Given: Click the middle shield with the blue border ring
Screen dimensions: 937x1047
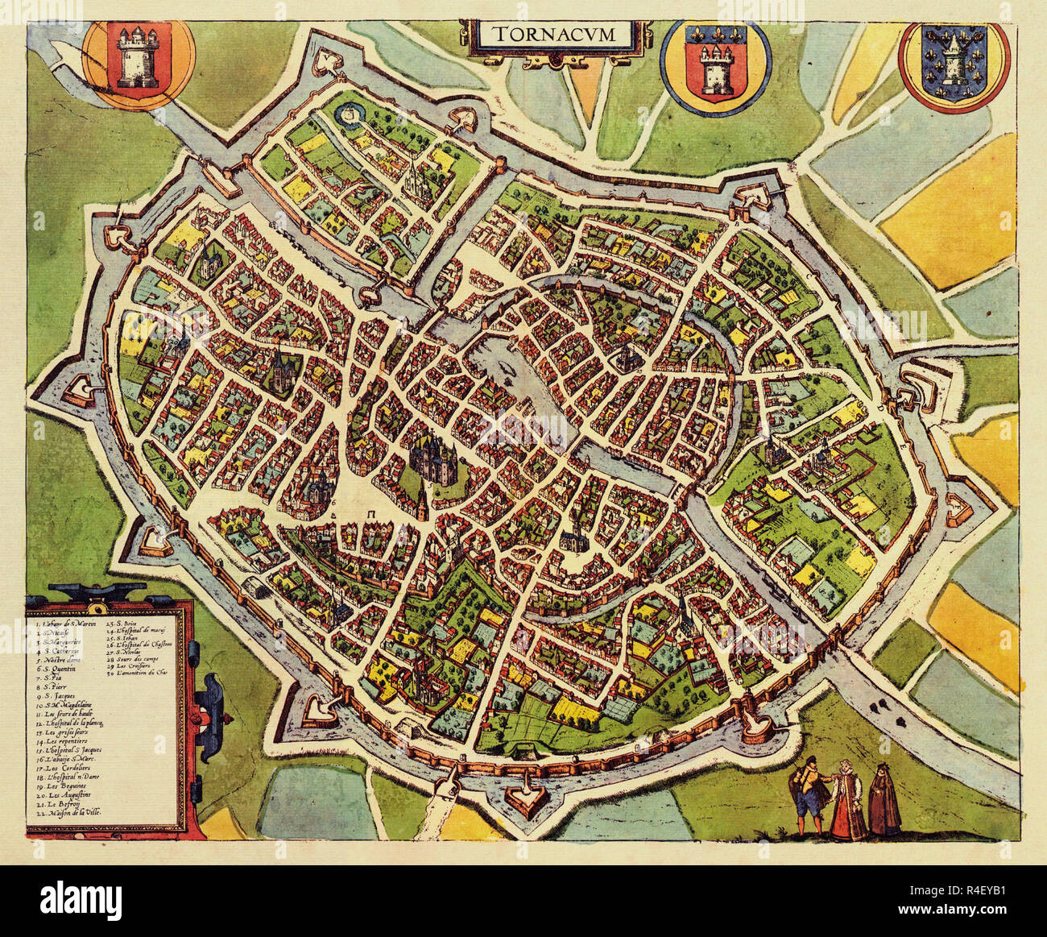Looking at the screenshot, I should [x=715, y=66].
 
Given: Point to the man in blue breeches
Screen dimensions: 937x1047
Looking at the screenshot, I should [x=812, y=795].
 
